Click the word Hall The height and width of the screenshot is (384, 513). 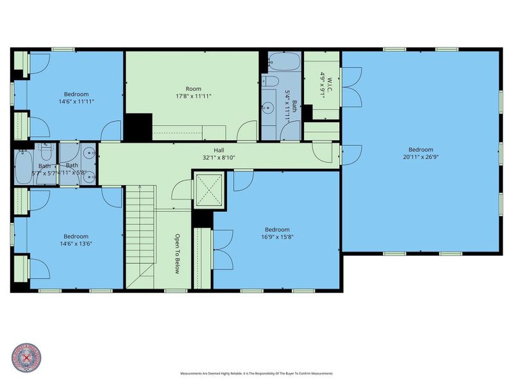[x=219, y=150]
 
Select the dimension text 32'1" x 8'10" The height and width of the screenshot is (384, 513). [x=219, y=157]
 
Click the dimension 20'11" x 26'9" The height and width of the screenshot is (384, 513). [x=421, y=156]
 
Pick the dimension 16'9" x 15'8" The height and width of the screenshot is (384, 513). [x=277, y=236]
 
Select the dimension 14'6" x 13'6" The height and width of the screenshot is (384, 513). [x=67, y=243]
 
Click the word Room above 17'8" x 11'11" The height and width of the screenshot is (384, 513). [x=194, y=89]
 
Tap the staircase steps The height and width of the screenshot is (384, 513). [x=139, y=237]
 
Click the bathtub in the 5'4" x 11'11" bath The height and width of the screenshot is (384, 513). [x=282, y=63]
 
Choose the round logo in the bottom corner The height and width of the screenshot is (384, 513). [x=26, y=358]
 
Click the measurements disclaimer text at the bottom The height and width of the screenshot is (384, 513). [x=256, y=373]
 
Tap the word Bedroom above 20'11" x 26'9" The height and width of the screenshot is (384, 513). [x=421, y=148]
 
